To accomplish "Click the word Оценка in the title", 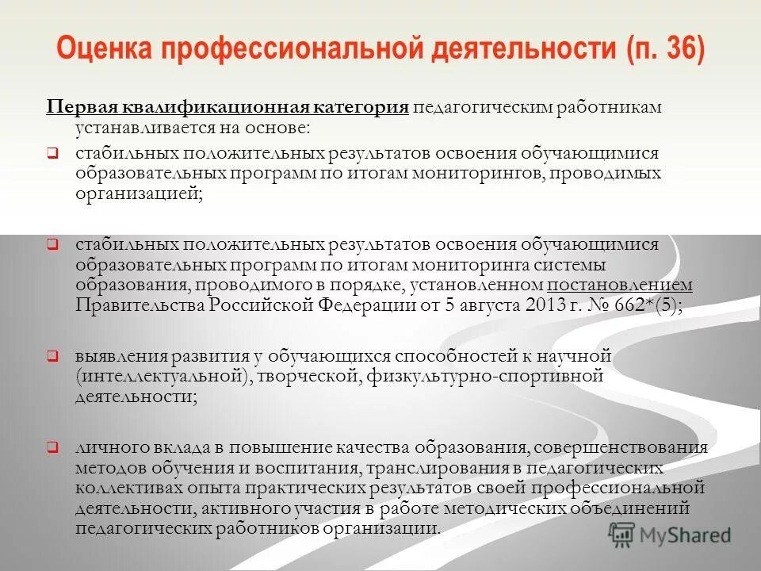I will pos(104,50).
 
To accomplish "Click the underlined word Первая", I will pos(80,108).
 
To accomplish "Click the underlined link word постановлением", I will pos(619,285).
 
